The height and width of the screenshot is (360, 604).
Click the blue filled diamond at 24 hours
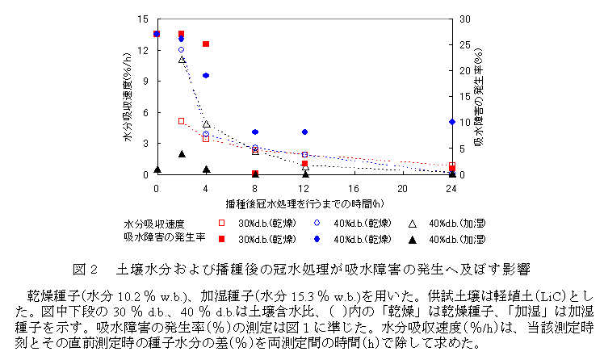[x=452, y=122]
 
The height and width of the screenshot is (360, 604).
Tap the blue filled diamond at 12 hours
[x=304, y=132]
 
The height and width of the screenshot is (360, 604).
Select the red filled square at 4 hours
[x=206, y=44]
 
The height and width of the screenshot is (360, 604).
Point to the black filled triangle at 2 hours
[x=182, y=153]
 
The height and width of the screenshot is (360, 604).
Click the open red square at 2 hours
[x=182, y=121]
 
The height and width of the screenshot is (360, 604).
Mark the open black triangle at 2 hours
[x=182, y=59]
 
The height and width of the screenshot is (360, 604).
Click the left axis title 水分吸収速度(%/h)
[x=128, y=98]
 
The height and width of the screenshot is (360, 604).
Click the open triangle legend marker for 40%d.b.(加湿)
[x=411, y=224]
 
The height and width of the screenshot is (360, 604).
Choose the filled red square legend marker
[x=221, y=239]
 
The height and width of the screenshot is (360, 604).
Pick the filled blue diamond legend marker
[x=317, y=239]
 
